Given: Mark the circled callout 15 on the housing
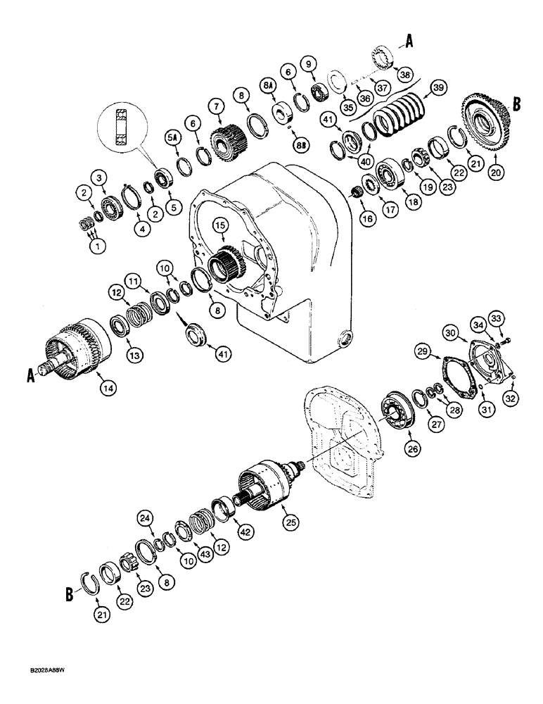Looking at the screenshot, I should pos(222,225).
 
